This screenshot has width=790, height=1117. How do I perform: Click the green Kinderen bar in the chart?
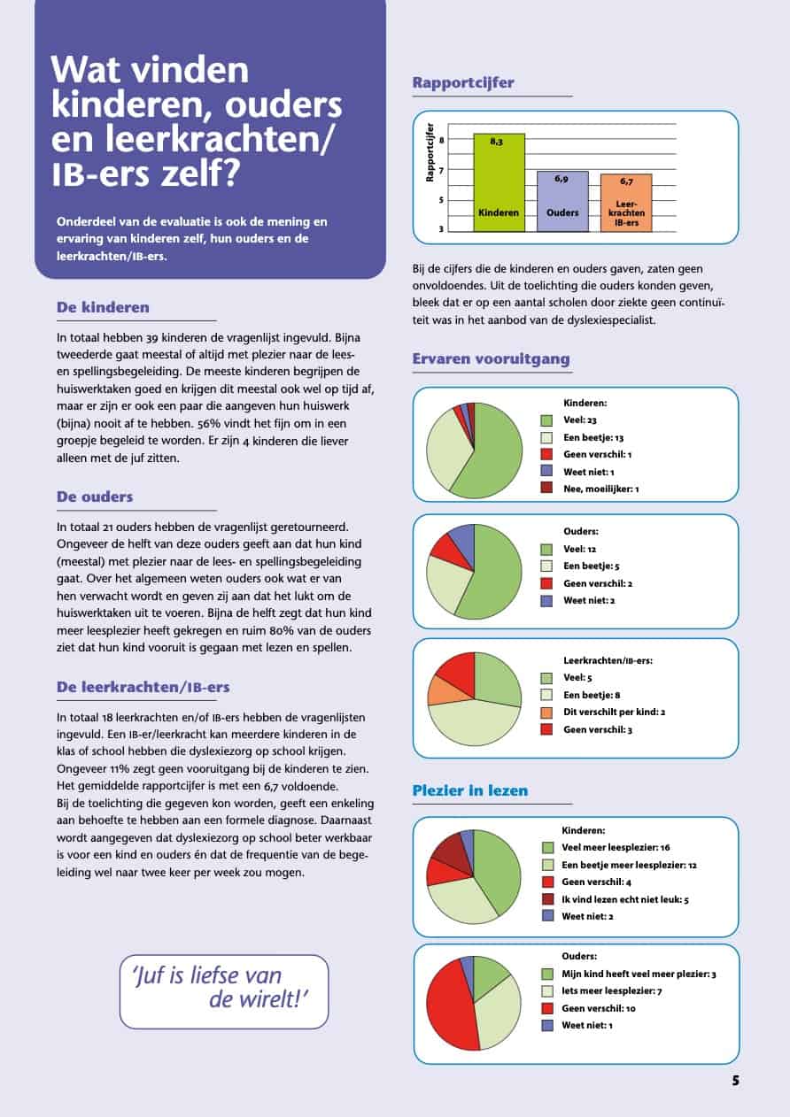(499, 182)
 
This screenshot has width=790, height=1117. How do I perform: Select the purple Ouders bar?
(562, 202)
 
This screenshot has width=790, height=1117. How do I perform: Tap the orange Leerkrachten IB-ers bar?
(626, 203)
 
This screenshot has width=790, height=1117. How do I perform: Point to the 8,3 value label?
(496, 142)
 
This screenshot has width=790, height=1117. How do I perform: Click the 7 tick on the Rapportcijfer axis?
(441, 171)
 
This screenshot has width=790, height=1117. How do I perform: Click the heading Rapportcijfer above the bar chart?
(463, 82)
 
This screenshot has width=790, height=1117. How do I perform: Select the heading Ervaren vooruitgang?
(491, 358)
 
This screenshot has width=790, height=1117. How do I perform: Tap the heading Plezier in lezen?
(470, 790)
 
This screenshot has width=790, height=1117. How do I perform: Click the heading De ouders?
(95, 497)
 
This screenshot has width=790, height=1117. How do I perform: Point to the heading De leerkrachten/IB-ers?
(143, 687)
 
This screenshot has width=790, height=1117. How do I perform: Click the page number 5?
(736, 1081)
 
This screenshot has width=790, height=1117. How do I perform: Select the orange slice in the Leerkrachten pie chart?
(445, 690)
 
